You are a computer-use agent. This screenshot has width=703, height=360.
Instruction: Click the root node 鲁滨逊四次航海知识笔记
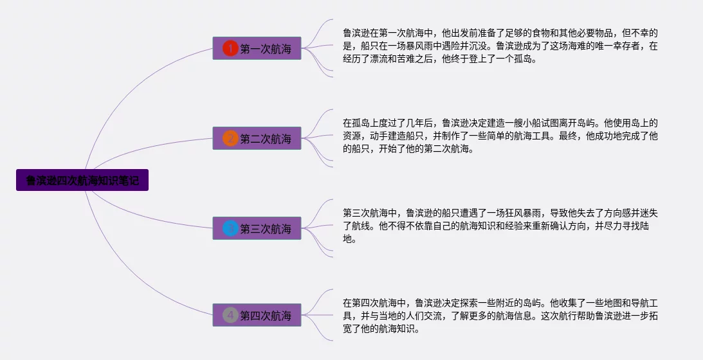(x=82, y=181)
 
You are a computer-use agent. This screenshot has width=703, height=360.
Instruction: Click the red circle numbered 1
(x=230, y=48)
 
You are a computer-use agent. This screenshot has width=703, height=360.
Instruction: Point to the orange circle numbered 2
(x=230, y=138)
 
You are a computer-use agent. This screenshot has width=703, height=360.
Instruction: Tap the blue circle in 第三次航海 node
(x=230, y=228)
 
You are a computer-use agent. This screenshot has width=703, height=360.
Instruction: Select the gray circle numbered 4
(x=230, y=316)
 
